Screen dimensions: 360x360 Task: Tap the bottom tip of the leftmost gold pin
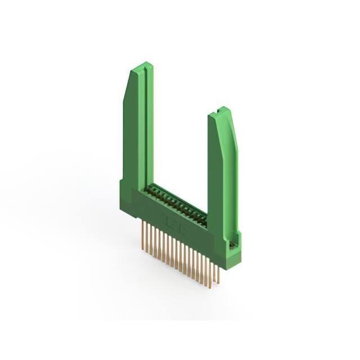pos(141,247)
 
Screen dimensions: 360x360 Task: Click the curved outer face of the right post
pos(231,169)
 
